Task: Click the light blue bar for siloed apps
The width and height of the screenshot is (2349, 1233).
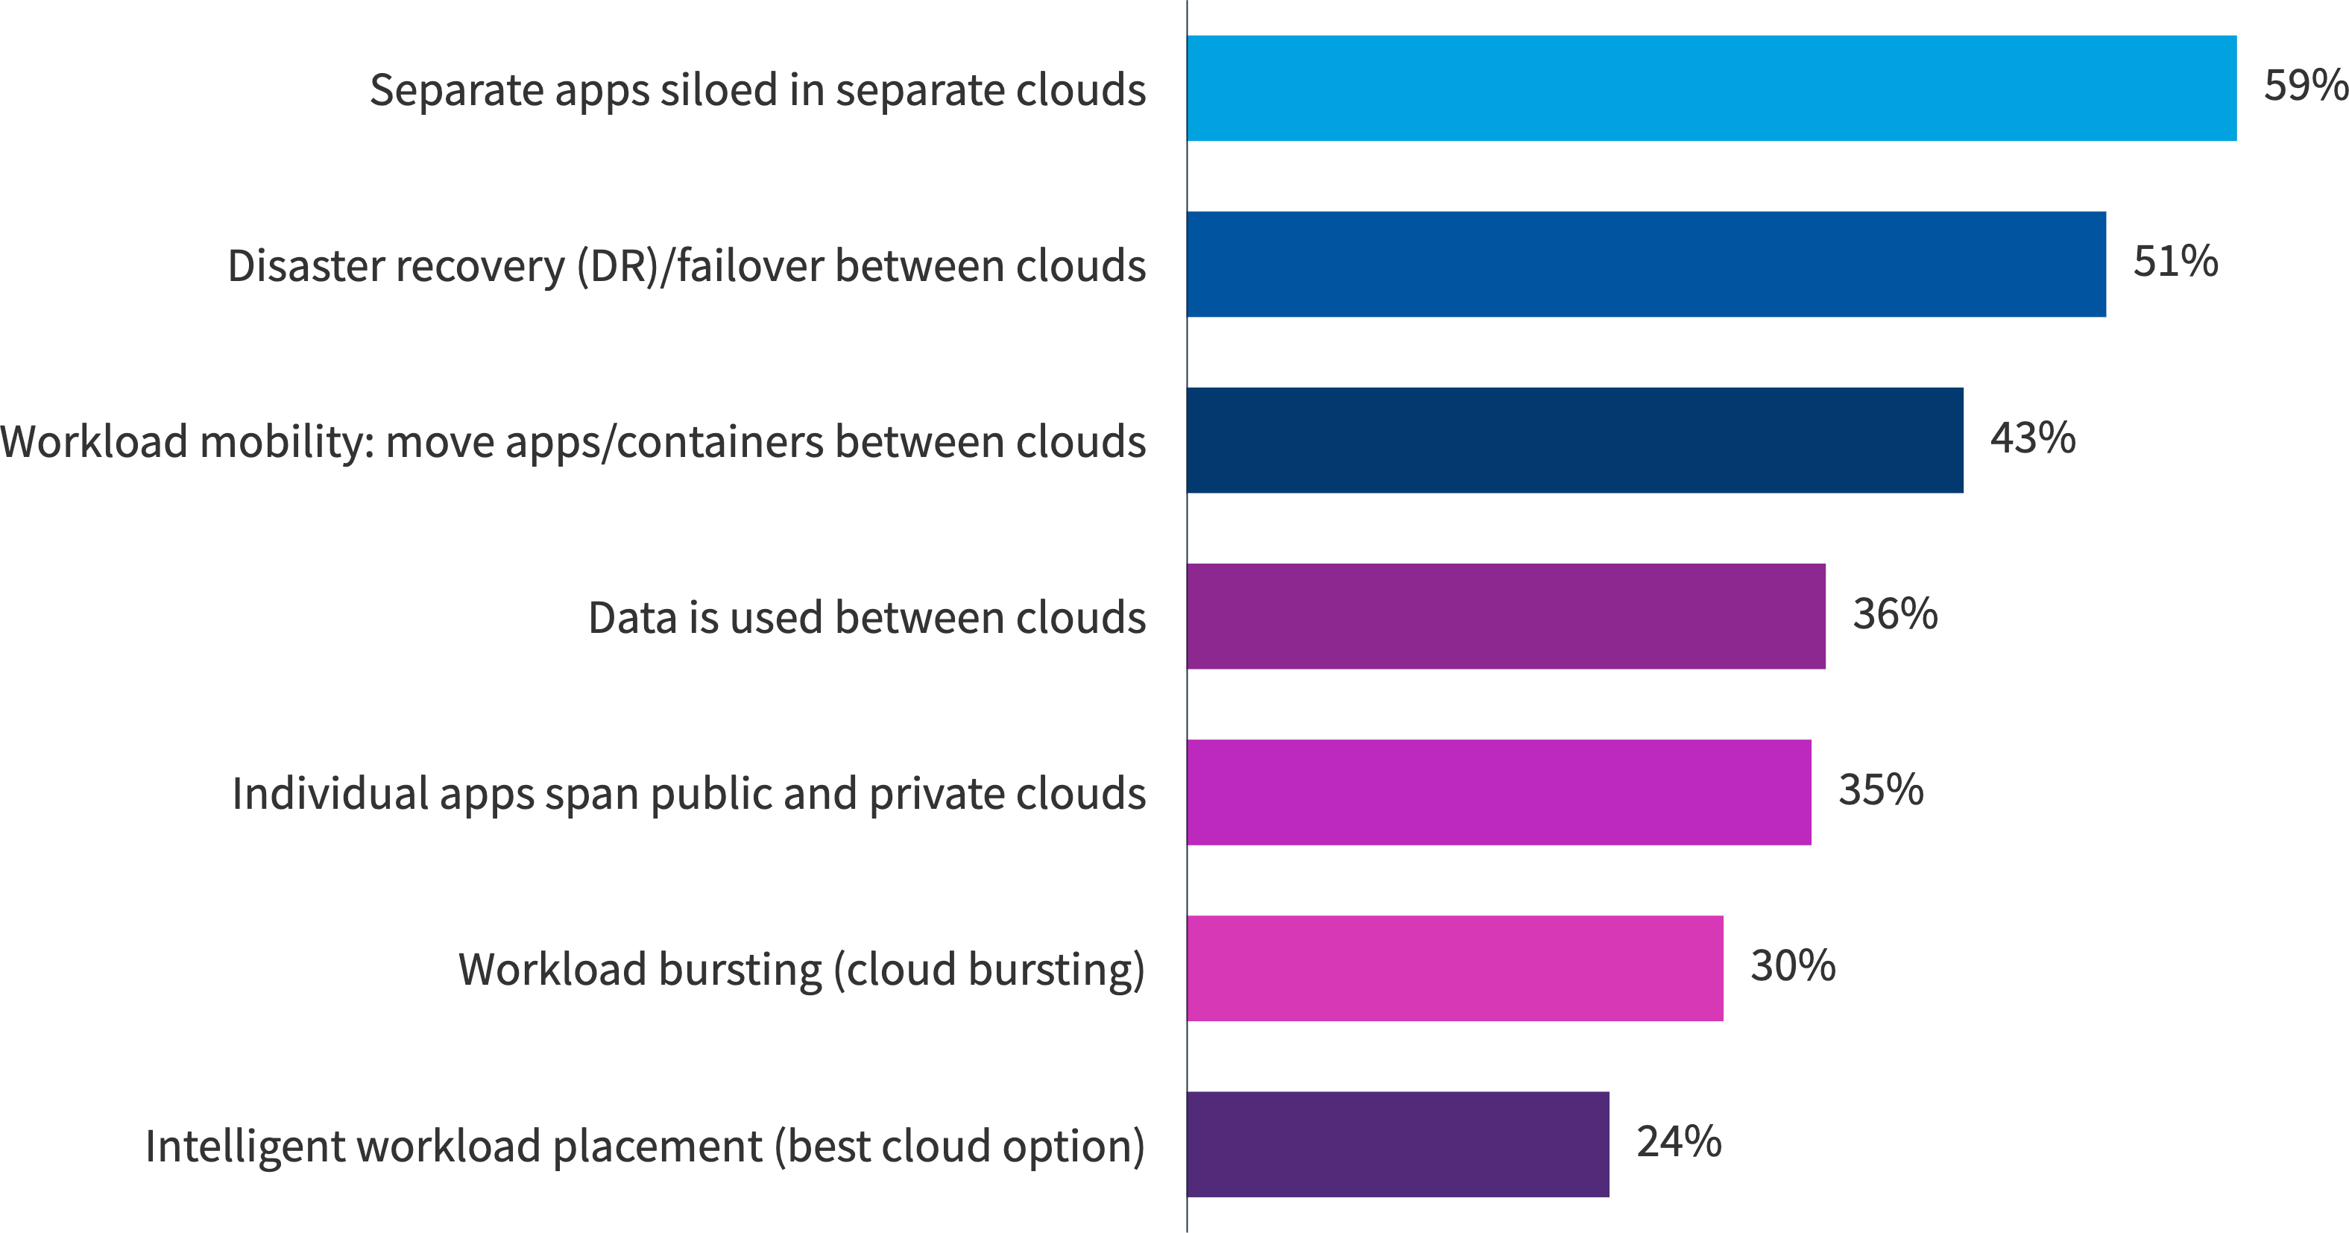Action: (x=1711, y=89)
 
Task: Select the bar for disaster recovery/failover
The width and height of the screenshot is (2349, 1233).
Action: (x=1646, y=265)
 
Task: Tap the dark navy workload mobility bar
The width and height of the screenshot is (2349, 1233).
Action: (x=1574, y=441)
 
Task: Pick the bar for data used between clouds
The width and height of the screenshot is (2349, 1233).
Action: (x=1506, y=616)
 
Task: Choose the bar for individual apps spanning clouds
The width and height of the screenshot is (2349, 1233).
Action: (x=1498, y=792)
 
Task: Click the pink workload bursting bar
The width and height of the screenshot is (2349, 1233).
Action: (x=1454, y=968)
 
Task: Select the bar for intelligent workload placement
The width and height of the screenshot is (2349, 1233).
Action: (x=1398, y=1144)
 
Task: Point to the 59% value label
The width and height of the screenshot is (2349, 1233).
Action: (x=2305, y=86)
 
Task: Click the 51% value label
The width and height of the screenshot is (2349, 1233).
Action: (x=2175, y=262)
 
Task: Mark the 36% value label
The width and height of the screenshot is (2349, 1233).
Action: (x=1895, y=614)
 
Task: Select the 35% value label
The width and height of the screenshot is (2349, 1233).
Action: (x=1880, y=789)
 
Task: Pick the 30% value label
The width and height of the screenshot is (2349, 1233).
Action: (x=1793, y=966)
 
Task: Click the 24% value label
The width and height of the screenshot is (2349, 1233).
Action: (x=1679, y=1142)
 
